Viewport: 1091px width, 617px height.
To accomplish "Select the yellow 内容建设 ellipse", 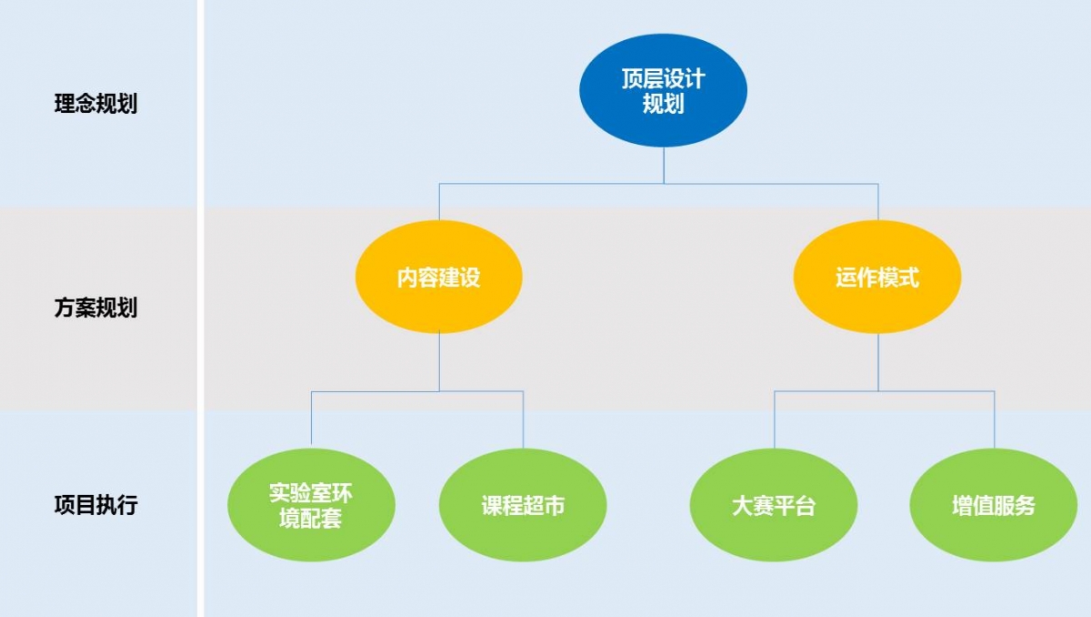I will point(438,276).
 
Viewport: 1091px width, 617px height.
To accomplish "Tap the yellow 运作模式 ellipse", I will point(877,276).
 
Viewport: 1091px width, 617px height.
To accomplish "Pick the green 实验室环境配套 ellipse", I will point(311,505).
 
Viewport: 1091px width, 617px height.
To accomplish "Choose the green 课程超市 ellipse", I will point(523,505).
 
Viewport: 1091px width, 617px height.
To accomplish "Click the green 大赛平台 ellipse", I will point(774,505).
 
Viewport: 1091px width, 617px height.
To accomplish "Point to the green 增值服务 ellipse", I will point(993,505).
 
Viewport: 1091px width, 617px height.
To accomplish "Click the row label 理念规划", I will point(95,104).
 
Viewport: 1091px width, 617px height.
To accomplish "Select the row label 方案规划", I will point(95,308).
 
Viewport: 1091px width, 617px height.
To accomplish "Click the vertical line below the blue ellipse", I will point(664,165).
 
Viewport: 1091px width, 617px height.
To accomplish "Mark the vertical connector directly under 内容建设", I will point(439,362).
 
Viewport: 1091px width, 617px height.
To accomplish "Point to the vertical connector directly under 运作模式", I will point(878,362).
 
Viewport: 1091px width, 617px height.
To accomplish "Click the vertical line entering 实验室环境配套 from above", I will point(311,420).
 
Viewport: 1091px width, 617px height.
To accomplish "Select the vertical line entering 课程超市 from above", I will point(524,420).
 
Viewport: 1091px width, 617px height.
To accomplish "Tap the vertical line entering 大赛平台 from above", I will point(775,420).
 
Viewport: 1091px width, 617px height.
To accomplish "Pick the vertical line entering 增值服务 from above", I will point(994,420).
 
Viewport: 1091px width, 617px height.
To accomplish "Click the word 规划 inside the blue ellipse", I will point(663,105).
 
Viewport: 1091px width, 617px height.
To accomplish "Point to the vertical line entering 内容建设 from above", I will point(439,202).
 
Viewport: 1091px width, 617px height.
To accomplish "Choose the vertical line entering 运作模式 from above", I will point(878,202).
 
